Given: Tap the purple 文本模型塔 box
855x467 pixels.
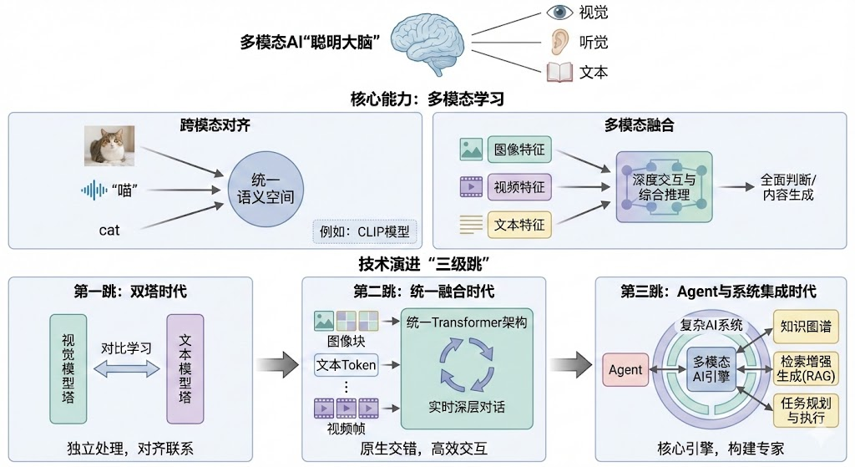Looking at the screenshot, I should pyautogui.click(x=185, y=369).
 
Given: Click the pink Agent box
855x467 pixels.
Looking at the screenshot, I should pyautogui.click(x=625, y=369).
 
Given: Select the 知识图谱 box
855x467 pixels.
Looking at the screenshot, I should pyautogui.click(x=804, y=327).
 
